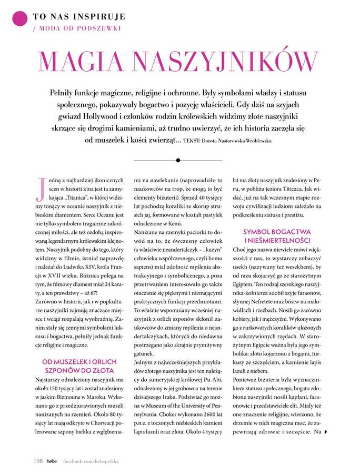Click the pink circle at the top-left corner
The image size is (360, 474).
(x=19, y=19)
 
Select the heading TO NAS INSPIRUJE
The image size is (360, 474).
(x=78, y=16)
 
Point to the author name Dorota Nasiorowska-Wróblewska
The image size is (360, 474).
(x=241, y=141)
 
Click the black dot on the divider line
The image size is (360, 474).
(x=178, y=160)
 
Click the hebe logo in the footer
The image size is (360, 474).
(x=51, y=460)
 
